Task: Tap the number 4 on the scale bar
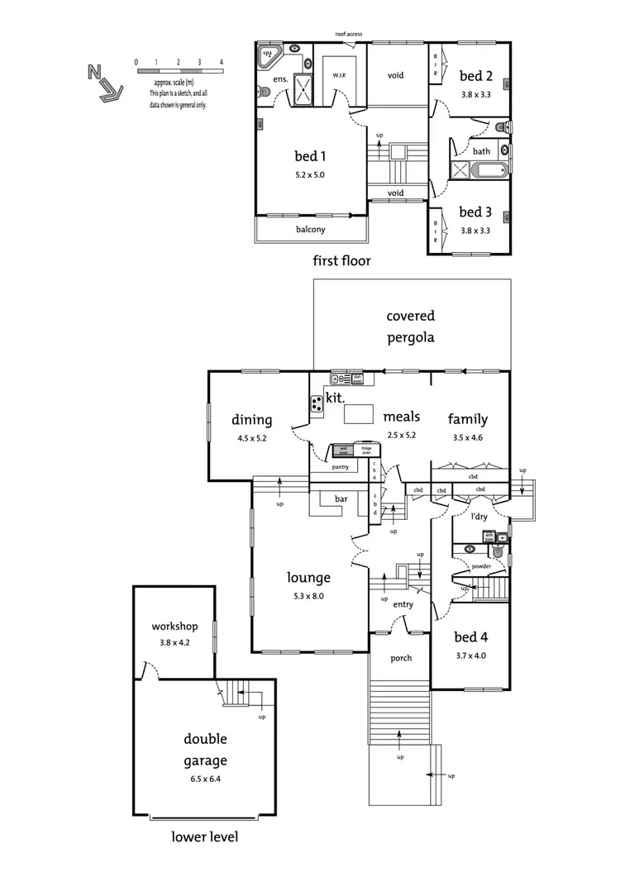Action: [222, 62]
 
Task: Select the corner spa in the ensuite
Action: [269, 55]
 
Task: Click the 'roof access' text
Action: [348, 34]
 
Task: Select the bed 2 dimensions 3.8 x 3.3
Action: [475, 93]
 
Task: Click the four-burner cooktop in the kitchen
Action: [317, 404]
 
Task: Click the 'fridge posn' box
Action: [367, 450]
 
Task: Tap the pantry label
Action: [340, 467]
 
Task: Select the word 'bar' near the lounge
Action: [341, 499]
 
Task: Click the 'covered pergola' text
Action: [411, 326]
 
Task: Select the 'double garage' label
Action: [205, 750]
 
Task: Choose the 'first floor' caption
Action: [341, 260]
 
